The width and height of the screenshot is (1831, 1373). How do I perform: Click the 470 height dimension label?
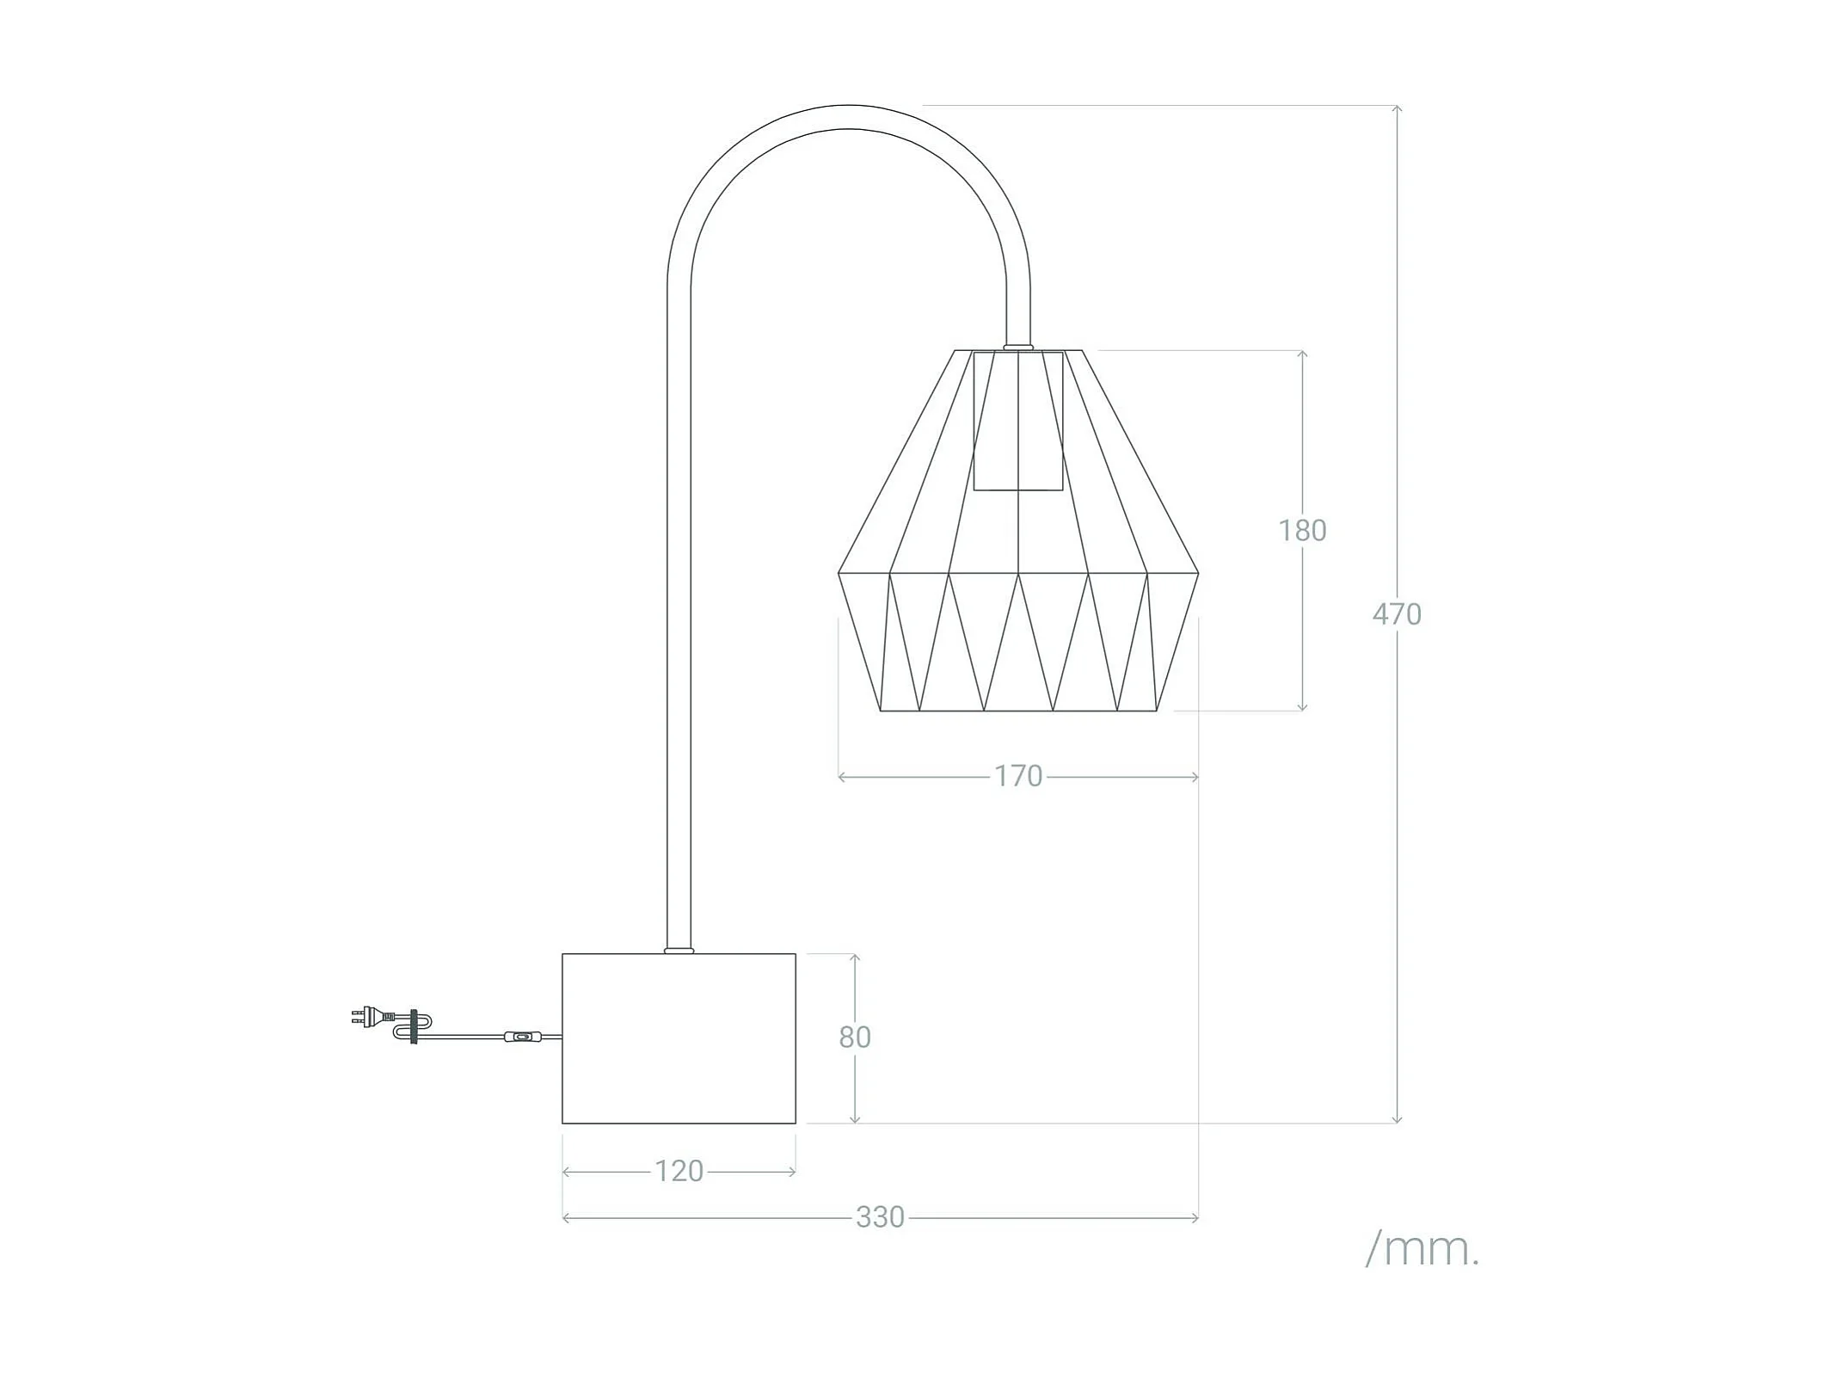(x=1396, y=613)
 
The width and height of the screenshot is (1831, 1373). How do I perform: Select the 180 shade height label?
(x=1301, y=530)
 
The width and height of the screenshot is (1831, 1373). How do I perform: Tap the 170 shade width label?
(x=1018, y=776)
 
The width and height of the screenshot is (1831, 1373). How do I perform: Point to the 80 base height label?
(x=854, y=1037)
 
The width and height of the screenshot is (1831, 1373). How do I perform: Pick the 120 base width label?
(x=679, y=1171)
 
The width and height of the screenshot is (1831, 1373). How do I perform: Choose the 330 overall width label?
(x=880, y=1216)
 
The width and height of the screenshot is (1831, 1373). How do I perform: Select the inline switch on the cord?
(x=520, y=1038)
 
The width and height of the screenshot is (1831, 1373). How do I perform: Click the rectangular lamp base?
(x=679, y=1037)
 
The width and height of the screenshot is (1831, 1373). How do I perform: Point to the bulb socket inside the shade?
(x=1017, y=421)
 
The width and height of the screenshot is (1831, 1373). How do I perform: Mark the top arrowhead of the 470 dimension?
(x=1397, y=109)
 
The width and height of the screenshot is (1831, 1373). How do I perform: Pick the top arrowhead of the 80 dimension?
(x=854, y=958)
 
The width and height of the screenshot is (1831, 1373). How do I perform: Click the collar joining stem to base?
(x=679, y=951)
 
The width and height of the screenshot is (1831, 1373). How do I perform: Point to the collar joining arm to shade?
(x=1017, y=347)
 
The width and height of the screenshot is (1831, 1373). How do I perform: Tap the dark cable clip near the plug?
(x=415, y=1026)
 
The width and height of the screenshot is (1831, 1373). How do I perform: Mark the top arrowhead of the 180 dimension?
(x=1302, y=354)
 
